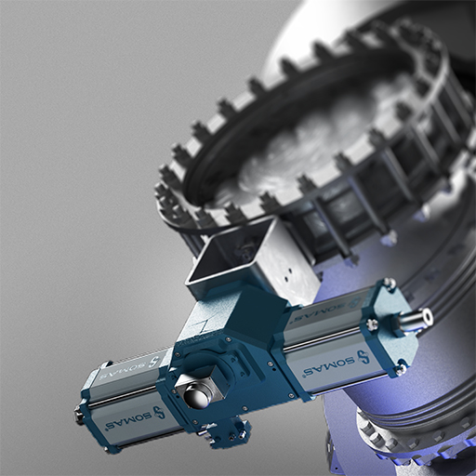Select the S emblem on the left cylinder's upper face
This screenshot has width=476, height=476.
click(x=152, y=362)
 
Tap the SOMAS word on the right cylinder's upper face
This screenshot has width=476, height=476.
click(x=313, y=315)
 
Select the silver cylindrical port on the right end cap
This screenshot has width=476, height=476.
click(x=416, y=319)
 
